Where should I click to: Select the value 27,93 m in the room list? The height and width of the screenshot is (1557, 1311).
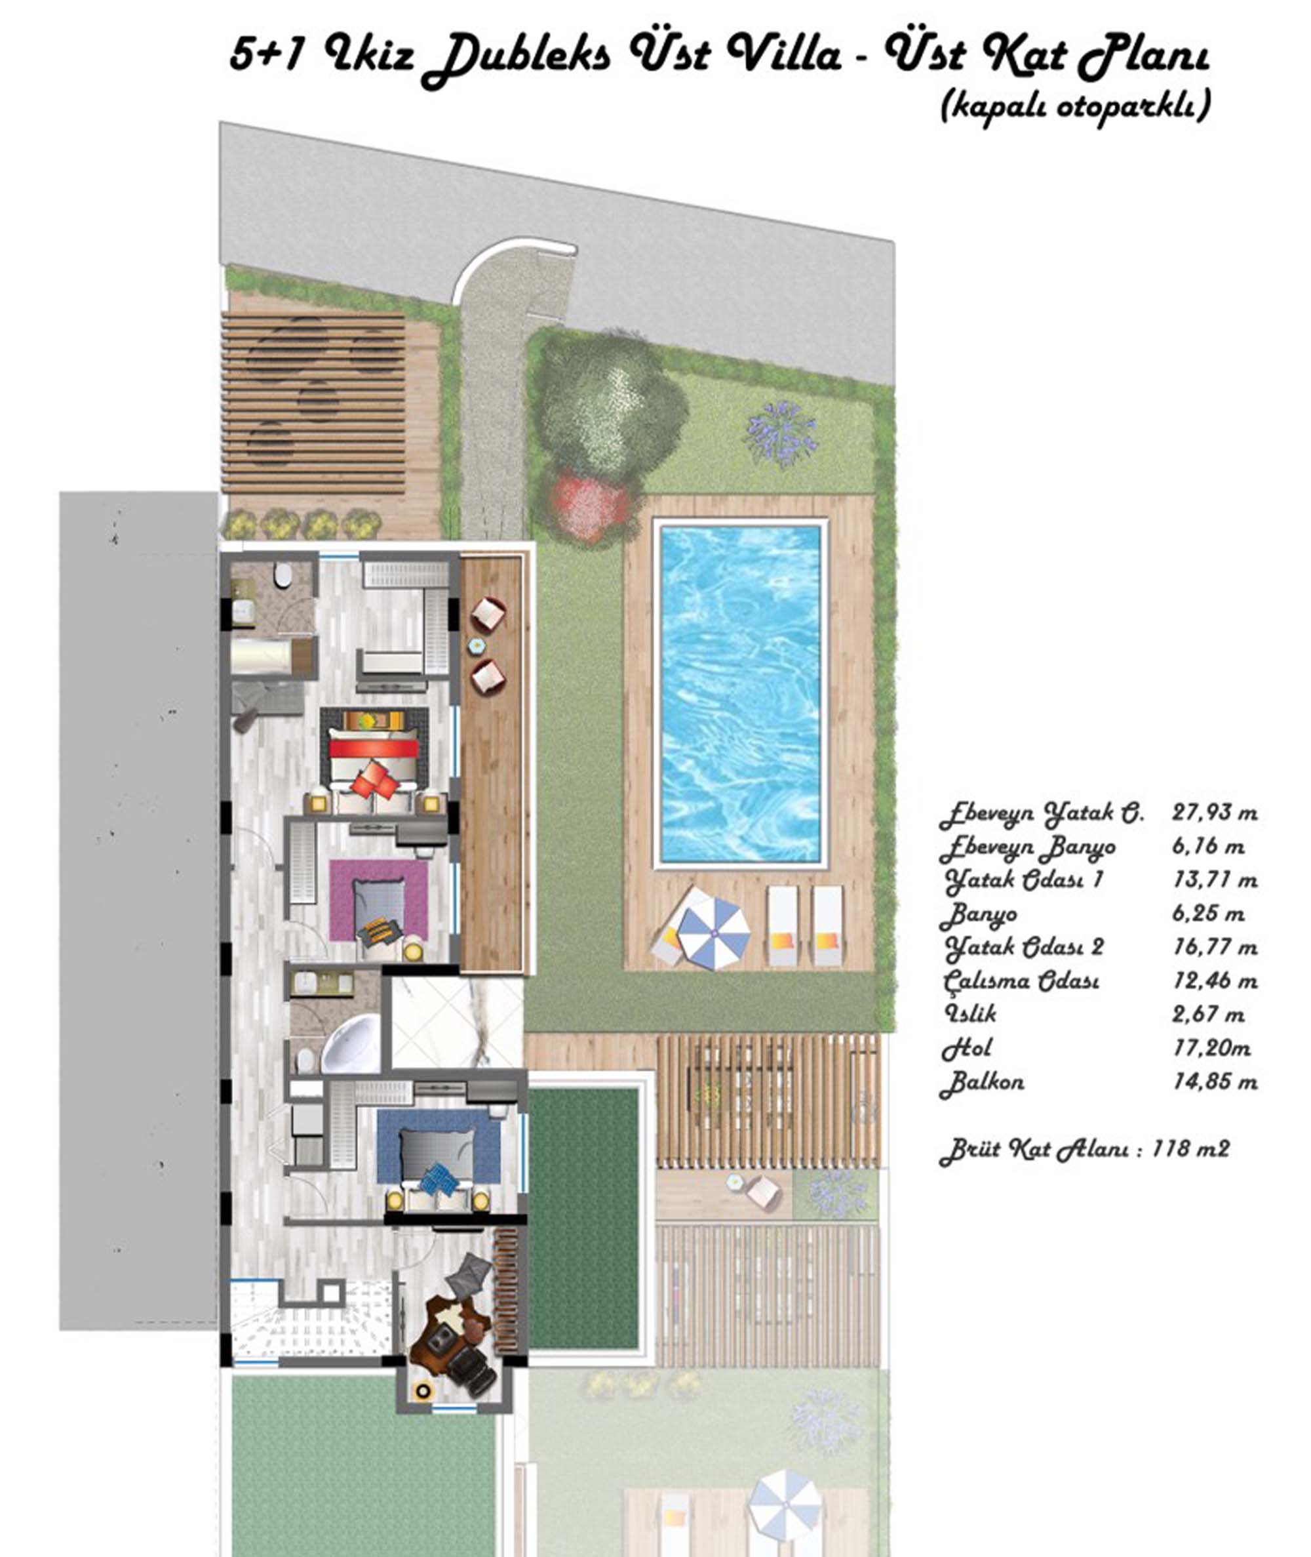click(1215, 813)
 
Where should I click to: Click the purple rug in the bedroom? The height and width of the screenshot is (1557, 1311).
click(379, 900)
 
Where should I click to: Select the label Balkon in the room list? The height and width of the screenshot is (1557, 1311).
click(982, 1083)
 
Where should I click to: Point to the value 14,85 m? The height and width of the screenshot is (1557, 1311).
click(1215, 1082)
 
